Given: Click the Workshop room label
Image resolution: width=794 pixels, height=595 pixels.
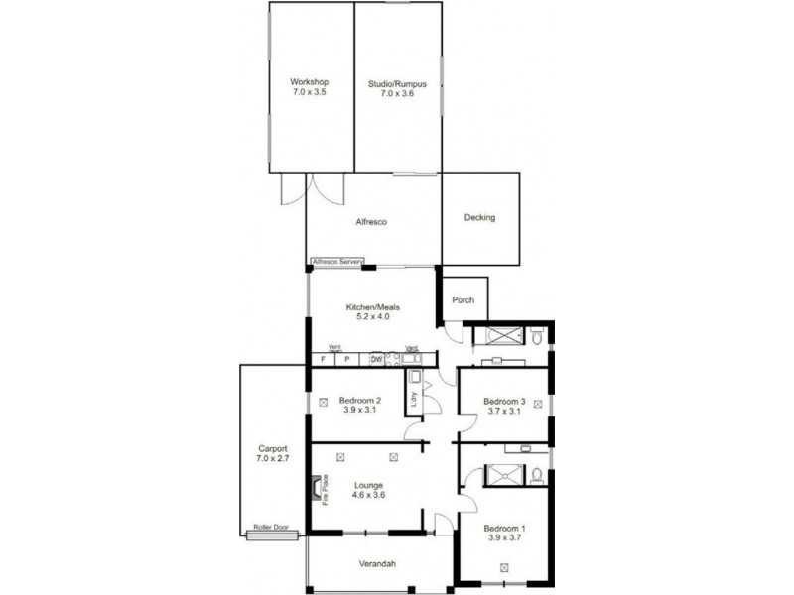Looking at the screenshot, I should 310,82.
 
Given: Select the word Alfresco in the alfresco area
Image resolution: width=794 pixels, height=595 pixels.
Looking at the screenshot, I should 370,222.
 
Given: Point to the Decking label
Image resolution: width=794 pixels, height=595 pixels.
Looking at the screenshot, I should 479,218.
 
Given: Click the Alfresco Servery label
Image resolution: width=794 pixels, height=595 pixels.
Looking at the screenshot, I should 338,262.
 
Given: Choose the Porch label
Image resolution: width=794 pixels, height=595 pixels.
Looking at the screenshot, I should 463,300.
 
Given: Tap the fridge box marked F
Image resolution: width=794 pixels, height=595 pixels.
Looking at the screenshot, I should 323,359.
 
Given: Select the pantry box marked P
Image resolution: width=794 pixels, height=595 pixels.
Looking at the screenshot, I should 347,359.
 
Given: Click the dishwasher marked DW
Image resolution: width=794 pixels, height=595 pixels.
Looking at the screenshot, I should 376,359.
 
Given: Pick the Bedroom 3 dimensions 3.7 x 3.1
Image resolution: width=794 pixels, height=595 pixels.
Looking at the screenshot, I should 502,411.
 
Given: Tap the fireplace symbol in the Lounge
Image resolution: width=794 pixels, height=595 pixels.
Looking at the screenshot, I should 318,490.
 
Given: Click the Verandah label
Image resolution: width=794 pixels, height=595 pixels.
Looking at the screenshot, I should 377,564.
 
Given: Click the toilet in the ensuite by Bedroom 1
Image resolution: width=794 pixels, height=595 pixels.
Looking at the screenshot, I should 536,475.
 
